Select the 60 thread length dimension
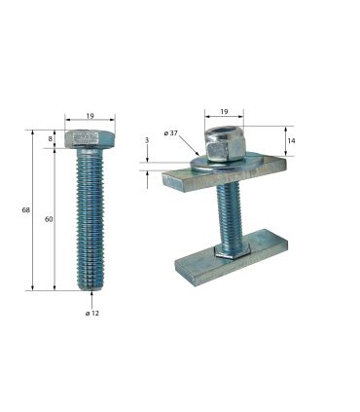pyautogui.click(x=49, y=219)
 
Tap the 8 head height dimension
pyautogui.click(x=51, y=138)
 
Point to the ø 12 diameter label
pyautogui.click(x=92, y=313)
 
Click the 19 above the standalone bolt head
pyautogui.click(x=90, y=116)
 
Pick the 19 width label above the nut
pyautogui.click(x=223, y=112)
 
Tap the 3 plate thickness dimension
pyautogui.click(x=147, y=141)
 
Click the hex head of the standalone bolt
pyautogui.click(x=90, y=138)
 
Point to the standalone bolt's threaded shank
pyautogui.click(x=91, y=219)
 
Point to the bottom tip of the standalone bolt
pyautogui.click(x=91, y=287)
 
